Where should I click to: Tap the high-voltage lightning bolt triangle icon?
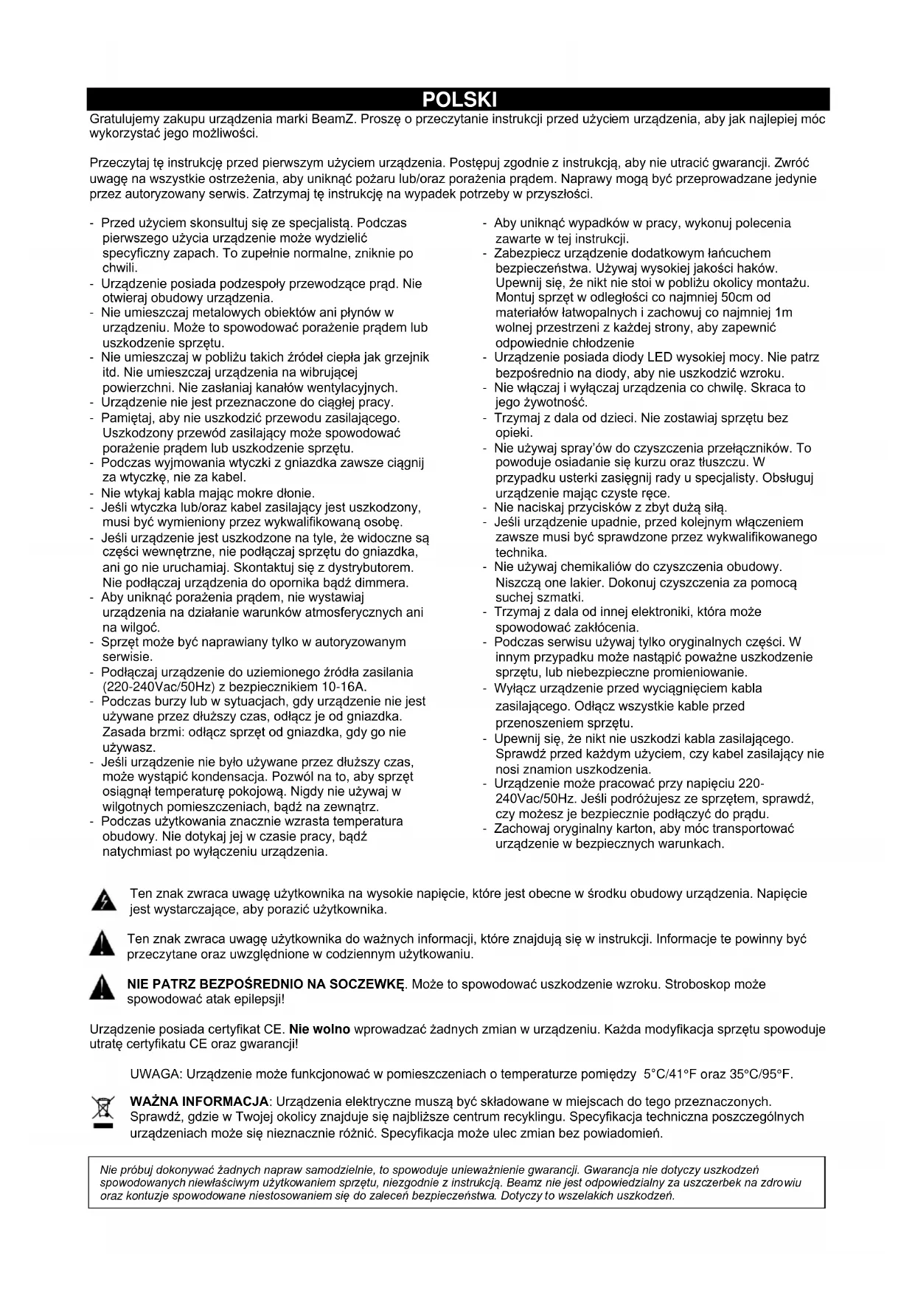click(x=104, y=901)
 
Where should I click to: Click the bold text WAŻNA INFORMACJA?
click(x=199, y=1101)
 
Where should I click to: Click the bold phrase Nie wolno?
click(x=319, y=1029)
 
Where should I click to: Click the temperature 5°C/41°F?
click(x=671, y=1073)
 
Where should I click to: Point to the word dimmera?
click(x=383, y=582)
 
